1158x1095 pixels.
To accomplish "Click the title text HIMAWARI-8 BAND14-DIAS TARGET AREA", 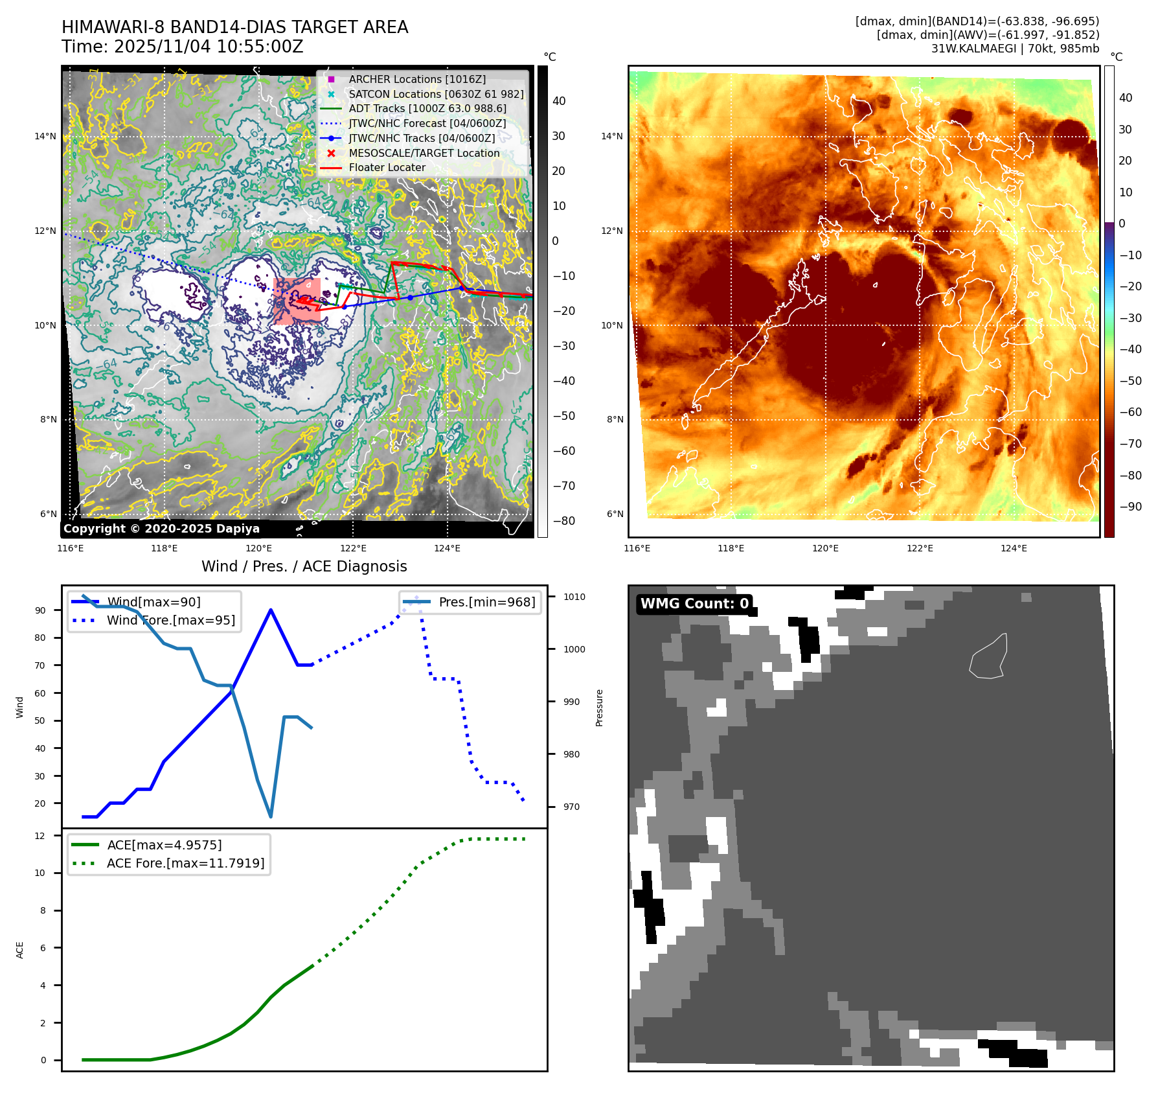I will click(234, 27).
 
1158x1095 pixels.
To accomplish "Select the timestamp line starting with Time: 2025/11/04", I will click(182, 47).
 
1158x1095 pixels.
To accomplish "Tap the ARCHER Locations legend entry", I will click(416, 79).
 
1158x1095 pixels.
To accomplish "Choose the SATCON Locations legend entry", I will click(435, 94).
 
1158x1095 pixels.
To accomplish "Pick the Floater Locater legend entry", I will click(387, 167).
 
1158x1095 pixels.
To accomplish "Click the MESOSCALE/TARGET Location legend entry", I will click(424, 153).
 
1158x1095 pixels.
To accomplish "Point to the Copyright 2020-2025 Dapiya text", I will click(161, 529).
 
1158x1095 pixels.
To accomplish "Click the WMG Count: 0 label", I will click(694, 604).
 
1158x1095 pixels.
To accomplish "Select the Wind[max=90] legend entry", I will click(153, 602).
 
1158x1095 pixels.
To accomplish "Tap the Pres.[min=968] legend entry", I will click(486, 602).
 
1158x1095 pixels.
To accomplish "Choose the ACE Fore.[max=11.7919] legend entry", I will click(185, 863).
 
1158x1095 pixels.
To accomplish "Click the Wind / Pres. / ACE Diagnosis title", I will click(304, 566).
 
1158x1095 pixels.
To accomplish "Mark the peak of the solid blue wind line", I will click(270, 610).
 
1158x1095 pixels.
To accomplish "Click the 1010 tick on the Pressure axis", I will click(574, 597).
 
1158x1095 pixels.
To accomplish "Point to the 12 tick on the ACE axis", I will click(40, 836).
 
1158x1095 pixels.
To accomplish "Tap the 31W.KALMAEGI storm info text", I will click(1015, 49).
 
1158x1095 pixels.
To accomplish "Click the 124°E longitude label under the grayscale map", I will click(447, 548).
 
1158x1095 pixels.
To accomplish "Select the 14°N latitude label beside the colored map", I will click(611, 136).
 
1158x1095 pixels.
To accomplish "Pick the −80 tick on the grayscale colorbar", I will click(563, 521).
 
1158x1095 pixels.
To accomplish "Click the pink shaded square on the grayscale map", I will click(297, 300).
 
